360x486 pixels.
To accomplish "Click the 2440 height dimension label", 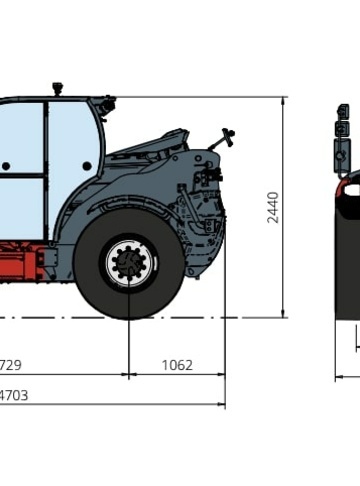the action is click(x=273, y=207).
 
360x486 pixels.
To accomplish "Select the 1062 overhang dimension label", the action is click(x=177, y=365).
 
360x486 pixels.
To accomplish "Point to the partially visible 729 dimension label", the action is click(x=10, y=365).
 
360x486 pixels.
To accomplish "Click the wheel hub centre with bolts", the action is click(x=129, y=262).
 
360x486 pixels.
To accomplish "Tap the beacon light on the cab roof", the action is click(x=58, y=88).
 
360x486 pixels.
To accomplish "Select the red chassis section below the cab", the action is click(x=21, y=260).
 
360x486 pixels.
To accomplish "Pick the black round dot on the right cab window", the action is click(x=87, y=166).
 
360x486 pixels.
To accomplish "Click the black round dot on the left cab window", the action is click(x=6, y=166).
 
